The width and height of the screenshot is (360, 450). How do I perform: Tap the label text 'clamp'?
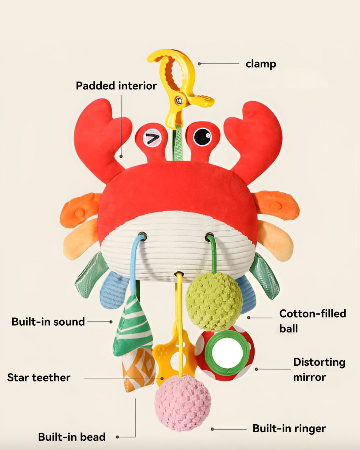261,64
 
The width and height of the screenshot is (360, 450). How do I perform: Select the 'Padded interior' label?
116,86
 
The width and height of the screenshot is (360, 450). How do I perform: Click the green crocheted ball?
214,301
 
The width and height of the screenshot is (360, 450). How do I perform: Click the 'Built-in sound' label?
48,322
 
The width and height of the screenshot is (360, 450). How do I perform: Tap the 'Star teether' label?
39,377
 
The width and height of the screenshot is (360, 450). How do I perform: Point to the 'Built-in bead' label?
72,437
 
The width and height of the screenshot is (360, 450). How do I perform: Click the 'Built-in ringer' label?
289,428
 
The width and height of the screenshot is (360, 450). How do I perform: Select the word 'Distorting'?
319,362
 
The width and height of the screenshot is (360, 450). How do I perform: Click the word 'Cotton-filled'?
312,313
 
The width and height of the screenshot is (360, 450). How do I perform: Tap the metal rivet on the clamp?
180,99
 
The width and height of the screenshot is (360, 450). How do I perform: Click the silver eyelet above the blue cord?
142,235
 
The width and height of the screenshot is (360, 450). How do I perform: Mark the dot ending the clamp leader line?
199,64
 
